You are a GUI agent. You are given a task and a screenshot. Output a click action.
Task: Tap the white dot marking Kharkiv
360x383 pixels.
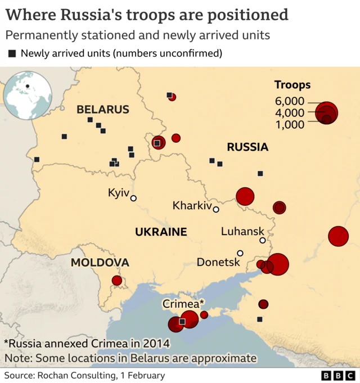pyautogui.click(x=216, y=209)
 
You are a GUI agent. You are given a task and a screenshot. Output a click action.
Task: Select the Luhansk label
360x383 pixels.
pyautogui.click(x=242, y=231)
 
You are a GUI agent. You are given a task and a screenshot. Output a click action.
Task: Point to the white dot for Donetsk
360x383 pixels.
pyautogui.click(x=240, y=253)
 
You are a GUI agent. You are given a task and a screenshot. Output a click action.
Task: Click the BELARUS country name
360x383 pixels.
pyautogui.click(x=103, y=110)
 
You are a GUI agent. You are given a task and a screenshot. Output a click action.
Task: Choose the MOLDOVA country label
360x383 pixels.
pyautogui.click(x=100, y=263)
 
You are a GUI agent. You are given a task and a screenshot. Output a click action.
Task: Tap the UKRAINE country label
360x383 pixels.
pyautogui.click(x=161, y=232)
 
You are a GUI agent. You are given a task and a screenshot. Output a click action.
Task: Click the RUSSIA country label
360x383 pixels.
pyautogui.click(x=247, y=147)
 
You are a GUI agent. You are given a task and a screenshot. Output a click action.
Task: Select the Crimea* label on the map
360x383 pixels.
pyautogui.click(x=180, y=304)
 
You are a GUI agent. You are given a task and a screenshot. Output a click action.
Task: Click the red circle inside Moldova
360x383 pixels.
pyautogui.click(x=117, y=280)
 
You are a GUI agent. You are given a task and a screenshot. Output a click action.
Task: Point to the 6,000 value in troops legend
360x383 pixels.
pyautogui.click(x=290, y=101)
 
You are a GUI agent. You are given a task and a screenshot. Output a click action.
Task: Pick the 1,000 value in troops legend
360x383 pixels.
pyautogui.click(x=290, y=124)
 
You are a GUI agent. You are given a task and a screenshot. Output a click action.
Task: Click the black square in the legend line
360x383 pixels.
pyautogui.click(x=12, y=54)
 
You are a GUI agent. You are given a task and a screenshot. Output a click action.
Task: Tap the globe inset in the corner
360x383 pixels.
pyautogui.click(x=28, y=96)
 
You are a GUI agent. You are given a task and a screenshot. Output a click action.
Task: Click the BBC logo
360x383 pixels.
pyautogui.click(x=336, y=376)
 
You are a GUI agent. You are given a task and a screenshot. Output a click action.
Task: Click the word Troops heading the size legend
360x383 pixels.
pyautogui.click(x=292, y=85)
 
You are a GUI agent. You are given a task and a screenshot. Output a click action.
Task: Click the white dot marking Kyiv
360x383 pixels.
pyautogui.click(x=133, y=198)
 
